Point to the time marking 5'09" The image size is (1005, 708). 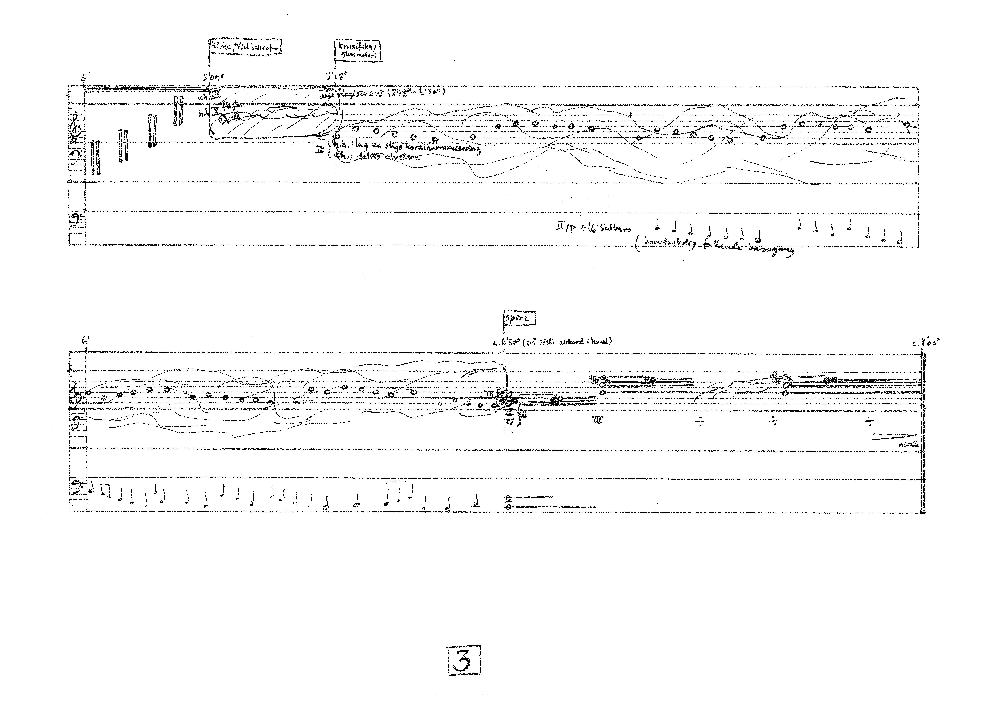point(213,77)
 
